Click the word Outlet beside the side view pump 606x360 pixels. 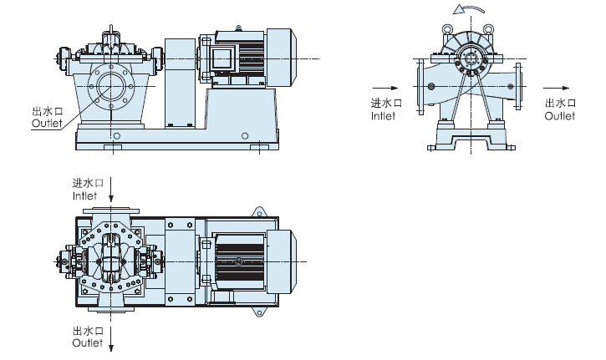47,123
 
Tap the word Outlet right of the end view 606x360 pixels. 559,116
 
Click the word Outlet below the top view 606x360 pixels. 87,342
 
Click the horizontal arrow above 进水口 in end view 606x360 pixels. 383,86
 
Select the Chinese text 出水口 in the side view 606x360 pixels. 47,111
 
